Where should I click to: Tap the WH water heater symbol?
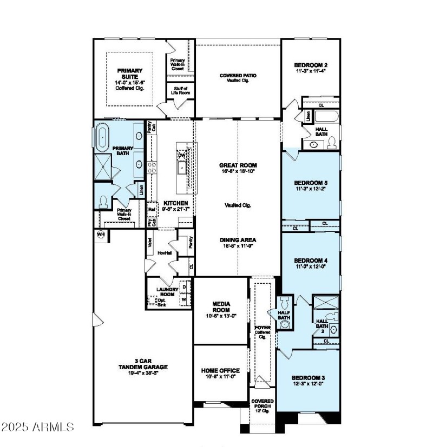(101, 234)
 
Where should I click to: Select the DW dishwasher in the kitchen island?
(181, 155)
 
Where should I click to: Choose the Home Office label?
(220, 371)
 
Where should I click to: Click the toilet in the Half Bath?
(285, 302)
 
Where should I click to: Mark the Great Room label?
(238, 165)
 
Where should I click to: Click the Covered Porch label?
(263, 404)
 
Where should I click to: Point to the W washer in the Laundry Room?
(184, 298)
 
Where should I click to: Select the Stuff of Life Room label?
(180, 91)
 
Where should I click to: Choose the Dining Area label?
(238, 239)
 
